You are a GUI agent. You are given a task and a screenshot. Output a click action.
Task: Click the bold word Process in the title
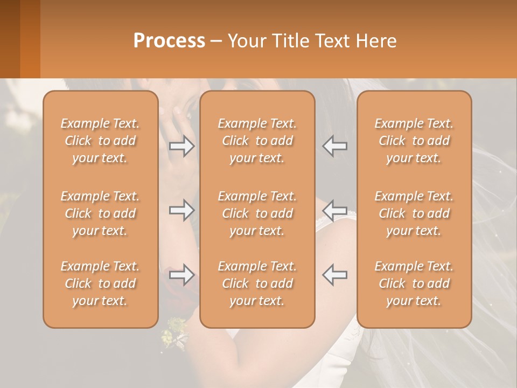(x=169, y=41)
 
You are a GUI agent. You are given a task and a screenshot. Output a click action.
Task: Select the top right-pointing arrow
(x=182, y=146)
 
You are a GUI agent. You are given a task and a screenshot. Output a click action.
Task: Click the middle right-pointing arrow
(x=182, y=210)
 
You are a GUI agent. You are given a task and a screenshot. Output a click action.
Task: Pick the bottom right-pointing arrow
(x=182, y=275)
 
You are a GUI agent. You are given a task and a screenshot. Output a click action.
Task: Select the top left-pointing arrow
(x=335, y=146)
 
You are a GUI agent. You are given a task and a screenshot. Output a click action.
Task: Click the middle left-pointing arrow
(x=335, y=210)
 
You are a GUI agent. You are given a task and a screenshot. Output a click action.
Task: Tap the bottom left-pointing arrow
(x=335, y=275)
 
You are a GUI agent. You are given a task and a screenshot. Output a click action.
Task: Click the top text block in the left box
(x=100, y=141)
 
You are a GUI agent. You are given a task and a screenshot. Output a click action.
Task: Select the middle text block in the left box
(x=100, y=213)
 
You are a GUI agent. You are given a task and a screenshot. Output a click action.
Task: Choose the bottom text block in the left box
(x=100, y=283)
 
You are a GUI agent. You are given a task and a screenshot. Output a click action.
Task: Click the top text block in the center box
(x=257, y=141)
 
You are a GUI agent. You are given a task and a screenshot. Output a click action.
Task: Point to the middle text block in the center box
(x=257, y=213)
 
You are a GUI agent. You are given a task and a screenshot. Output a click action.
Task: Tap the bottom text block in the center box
(x=257, y=283)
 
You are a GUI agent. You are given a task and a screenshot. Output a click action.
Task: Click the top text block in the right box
(x=414, y=141)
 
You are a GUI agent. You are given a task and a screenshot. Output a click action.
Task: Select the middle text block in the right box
(x=414, y=213)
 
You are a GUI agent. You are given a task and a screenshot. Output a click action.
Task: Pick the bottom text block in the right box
(x=414, y=283)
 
